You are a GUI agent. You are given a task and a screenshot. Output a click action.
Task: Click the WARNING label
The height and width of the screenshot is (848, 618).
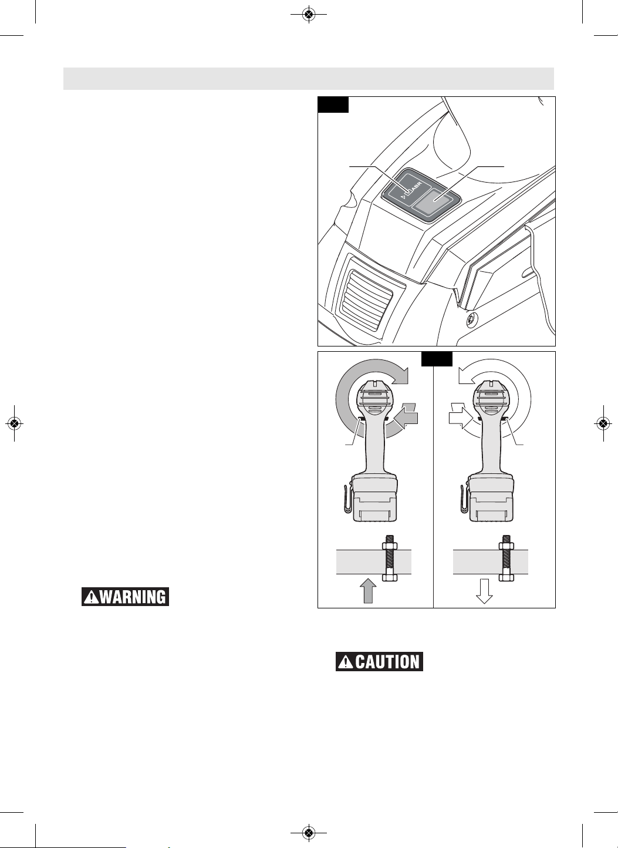[125, 597]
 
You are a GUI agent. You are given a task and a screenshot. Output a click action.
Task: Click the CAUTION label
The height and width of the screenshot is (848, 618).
[379, 662]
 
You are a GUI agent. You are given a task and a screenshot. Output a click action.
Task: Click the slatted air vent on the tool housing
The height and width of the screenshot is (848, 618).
[366, 298]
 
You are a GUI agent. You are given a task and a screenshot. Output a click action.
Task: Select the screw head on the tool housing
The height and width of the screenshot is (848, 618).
[471, 318]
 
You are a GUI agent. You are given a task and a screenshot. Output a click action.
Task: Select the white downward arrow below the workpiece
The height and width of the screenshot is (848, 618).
[484, 591]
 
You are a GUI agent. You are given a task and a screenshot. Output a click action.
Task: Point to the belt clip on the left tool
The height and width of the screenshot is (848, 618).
[347, 499]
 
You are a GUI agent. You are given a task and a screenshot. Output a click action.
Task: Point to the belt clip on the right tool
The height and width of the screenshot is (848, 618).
[464, 499]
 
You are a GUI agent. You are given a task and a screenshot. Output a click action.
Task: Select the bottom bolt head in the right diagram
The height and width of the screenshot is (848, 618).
[506, 577]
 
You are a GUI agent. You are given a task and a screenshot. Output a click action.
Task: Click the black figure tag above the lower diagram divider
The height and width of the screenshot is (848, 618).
[437, 359]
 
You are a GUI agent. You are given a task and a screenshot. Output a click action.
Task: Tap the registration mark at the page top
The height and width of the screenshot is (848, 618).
[309, 14]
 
